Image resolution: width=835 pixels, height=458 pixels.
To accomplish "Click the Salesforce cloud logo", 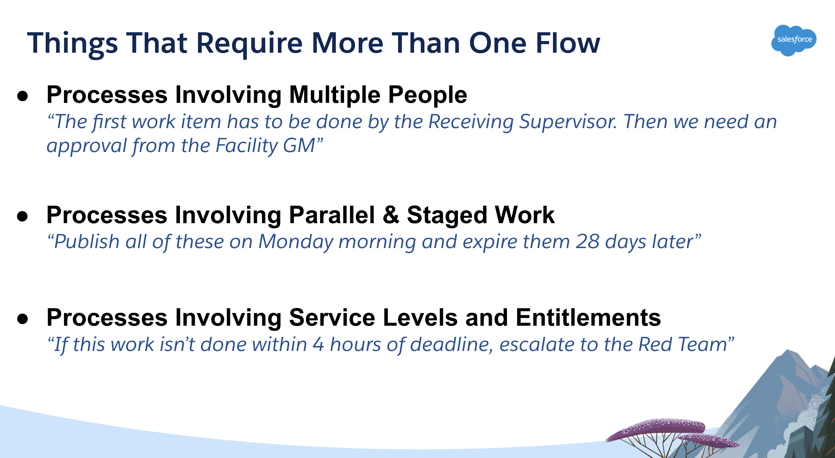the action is coord(794,40).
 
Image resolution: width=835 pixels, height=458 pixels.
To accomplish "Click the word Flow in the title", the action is coord(567,43).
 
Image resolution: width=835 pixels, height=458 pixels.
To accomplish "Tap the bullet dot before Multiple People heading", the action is coord(22,96).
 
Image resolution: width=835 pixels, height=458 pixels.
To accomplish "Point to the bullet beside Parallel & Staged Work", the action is coord(22,216).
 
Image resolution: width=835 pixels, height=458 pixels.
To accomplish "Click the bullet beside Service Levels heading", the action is coord(22,319).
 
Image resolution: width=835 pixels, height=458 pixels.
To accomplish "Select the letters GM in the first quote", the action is coord(299,145).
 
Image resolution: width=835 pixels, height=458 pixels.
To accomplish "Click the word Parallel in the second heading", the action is coord(332,215).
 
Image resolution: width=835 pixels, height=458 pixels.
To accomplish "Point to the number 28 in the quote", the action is coord(587,242).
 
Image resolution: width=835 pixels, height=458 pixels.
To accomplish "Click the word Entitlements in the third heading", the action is coord(588,317).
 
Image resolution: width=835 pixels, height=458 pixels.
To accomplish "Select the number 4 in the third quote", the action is coord(318,344).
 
